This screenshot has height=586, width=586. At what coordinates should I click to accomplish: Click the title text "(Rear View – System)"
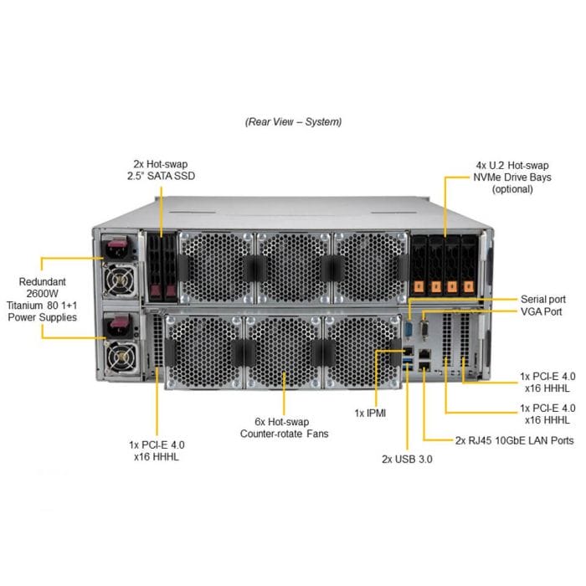[x=293, y=121]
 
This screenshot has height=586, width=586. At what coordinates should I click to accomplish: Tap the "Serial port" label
[x=542, y=299]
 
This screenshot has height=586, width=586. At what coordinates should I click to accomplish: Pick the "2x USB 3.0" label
[x=407, y=459]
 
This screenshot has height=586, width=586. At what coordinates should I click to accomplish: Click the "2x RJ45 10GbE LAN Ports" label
[x=514, y=439]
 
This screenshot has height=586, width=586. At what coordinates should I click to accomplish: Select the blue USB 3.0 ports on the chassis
[x=408, y=362]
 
